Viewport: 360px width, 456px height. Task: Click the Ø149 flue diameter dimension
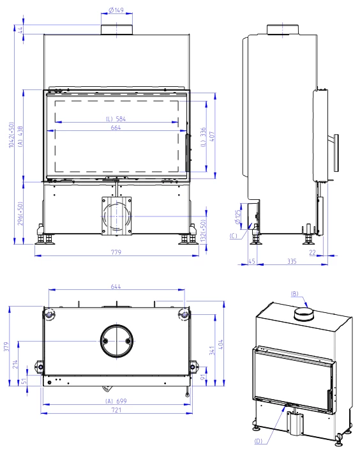(116, 10)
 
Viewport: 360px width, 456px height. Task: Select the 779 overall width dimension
(116, 252)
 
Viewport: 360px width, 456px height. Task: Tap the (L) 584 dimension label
(116, 119)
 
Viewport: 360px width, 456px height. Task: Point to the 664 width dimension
(116, 127)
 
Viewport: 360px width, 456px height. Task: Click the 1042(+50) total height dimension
(11, 135)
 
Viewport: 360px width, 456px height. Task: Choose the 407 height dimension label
(212, 137)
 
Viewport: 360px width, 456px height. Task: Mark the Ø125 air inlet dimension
(237, 217)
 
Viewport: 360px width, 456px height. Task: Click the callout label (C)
(234, 236)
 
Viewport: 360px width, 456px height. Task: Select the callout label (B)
(295, 294)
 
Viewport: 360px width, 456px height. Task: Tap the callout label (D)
(259, 441)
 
